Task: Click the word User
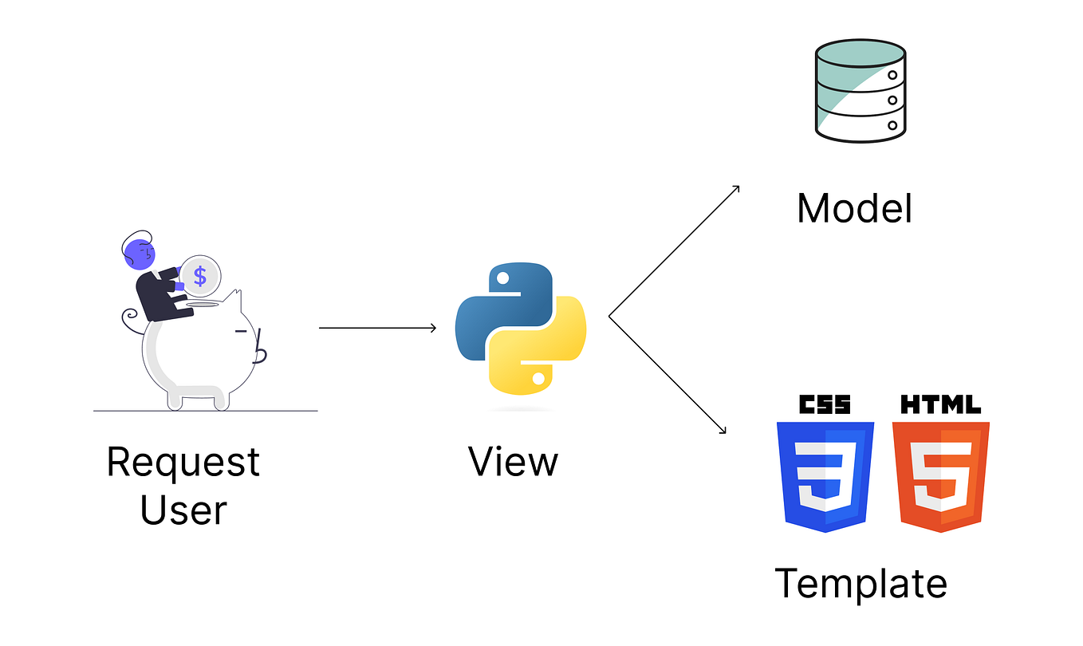pos(183,510)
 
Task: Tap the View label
pos(513,462)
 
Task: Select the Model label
pos(854,209)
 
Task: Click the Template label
pos(860,583)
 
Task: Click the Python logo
pos(521,328)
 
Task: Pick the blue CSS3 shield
pos(825,476)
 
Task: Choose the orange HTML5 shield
pos(940,476)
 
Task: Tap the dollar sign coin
pos(200,277)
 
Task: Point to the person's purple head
pos(140,254)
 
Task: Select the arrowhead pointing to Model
pos(736,189)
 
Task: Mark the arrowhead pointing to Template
pos(723,431)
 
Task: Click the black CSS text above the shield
pos(825,404)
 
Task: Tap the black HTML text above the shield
pos(940,404)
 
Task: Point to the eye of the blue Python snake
pos(502,278)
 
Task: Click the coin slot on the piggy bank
pos(202,304)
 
